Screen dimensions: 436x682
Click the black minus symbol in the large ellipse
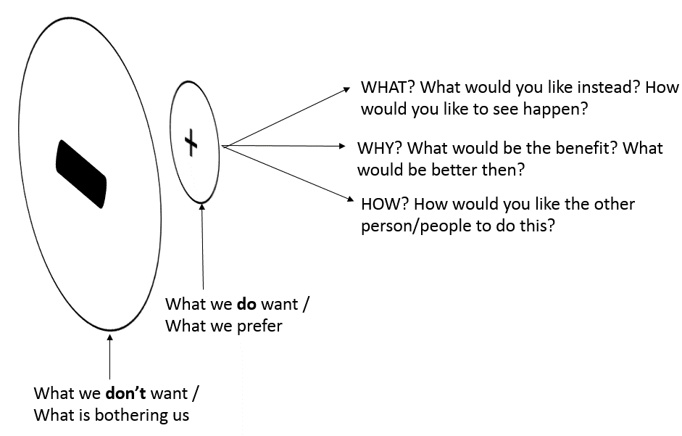tap(81, 174)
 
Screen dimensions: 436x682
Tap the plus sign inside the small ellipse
tap(191, 142)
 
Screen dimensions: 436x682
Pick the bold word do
tap(245, 304)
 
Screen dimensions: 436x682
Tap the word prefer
tap(258, 326)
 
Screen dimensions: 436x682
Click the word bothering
tap(131, 416)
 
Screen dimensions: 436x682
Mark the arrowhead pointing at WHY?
tap(343, 147)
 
